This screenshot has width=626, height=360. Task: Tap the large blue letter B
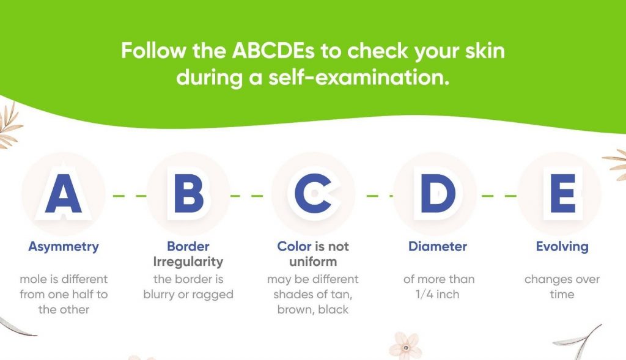click(189, 193)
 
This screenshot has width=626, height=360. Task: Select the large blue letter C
click(313, 193)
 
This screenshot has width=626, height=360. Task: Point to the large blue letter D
click(438, 193)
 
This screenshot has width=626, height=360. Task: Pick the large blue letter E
click(563, 193)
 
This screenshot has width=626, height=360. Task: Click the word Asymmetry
click(64, 247)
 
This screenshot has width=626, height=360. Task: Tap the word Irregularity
click(188, 262)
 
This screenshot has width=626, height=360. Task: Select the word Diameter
click(438, 246)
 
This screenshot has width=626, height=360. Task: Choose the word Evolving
click(562, 247)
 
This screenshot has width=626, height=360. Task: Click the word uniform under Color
click(313, 262)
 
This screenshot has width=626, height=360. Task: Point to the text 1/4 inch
click(437, 295)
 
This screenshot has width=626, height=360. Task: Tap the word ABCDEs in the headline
click(273, 51)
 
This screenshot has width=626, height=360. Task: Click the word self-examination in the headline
click(358, 77)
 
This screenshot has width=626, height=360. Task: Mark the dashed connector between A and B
click(130, 196)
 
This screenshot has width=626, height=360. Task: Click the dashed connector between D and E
click(499, 196)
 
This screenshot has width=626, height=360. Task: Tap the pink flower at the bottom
click(406, 345)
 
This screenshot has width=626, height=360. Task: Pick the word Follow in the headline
click(153, 51)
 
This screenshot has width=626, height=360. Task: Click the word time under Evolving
click(562, 295)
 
